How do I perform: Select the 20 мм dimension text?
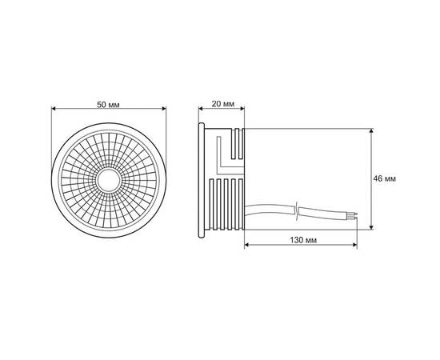tap(223, 105)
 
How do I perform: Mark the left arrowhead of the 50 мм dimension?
tap(53, 113)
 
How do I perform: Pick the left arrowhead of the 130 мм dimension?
tap(244, 249)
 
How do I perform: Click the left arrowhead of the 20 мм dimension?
tap(201, 113)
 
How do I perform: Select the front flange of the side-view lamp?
tap(201, 179)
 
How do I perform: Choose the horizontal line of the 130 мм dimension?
tap(308, 249)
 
